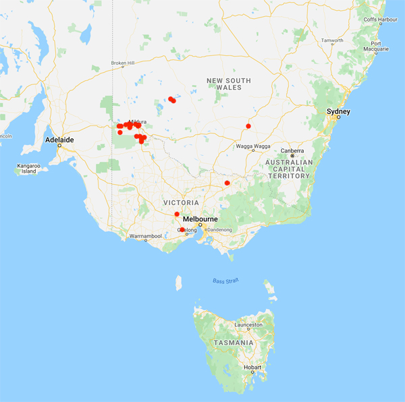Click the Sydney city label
337,111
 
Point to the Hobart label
252,367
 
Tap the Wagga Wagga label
252,146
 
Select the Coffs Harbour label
379,20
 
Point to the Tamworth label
331,40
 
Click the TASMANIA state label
233,343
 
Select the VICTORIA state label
180,202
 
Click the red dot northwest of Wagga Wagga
248,126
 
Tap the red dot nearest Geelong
182,230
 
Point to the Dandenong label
219,230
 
